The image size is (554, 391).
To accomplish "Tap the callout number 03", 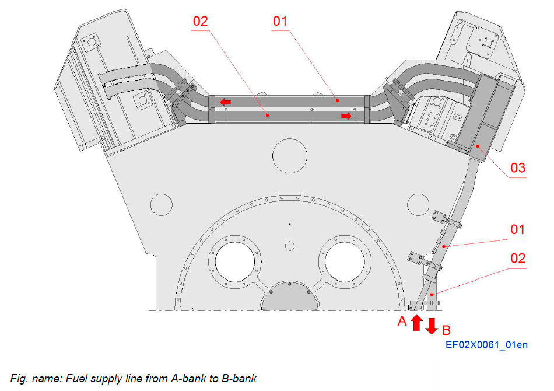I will click(x=518, y=168).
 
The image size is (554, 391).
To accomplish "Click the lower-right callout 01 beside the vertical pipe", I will click(x=518, y=229).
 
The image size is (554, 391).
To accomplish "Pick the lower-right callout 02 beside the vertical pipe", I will click(x=518, y=258).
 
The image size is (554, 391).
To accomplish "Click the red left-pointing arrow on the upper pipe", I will click(x=225, y=103).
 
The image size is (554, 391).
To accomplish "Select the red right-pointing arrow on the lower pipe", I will click(x=346, y=116).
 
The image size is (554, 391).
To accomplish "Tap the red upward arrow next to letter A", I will click(x=416, y=323).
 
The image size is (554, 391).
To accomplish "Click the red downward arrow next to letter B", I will click(x=432, y=326).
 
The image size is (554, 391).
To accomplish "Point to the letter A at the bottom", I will click(x=402, y=320).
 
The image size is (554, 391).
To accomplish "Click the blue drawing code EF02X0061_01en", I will click(x=486, y=345).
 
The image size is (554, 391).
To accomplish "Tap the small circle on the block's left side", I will click(x=161, y=204).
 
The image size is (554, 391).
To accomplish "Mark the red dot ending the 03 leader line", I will click(x=478, y=146).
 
